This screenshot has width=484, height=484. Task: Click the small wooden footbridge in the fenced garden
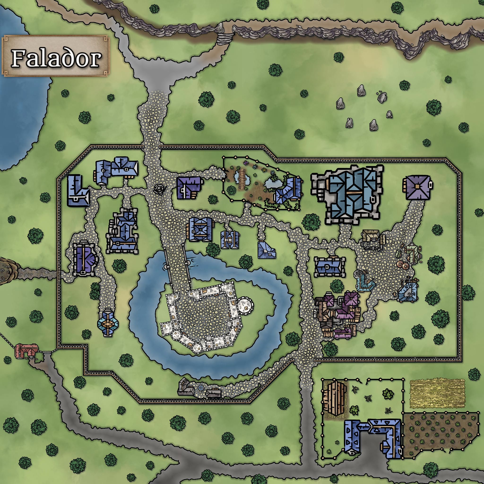click(242, 178)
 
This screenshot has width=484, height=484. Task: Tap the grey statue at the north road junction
click(159, 189)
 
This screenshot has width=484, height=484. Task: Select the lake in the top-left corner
click(20, 105)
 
